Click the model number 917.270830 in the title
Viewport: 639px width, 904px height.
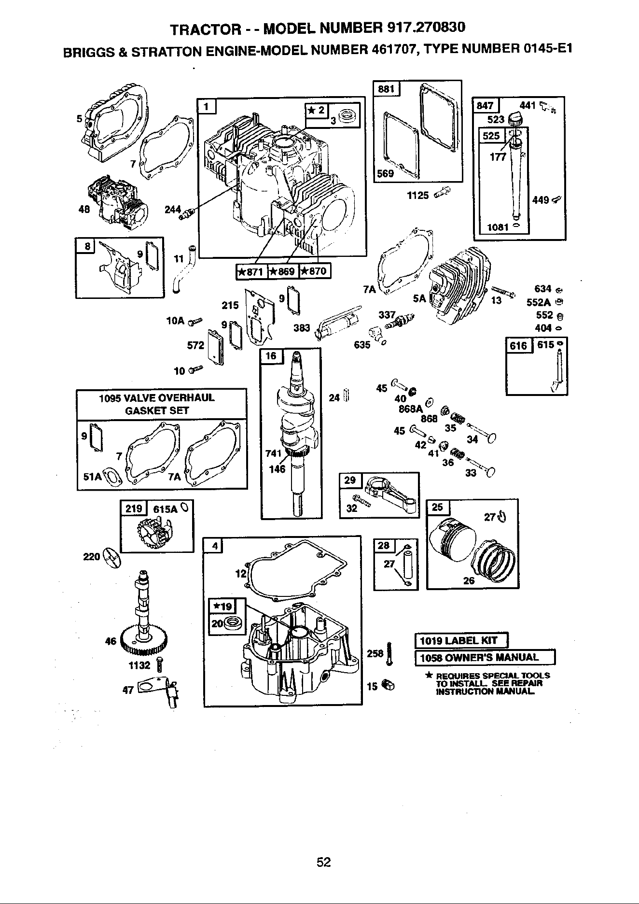click(426, 27)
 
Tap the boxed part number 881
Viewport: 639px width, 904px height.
click(386, 89)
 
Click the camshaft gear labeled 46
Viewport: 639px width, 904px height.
click(144, 638)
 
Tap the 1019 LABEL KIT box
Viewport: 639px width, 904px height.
click(462, 641)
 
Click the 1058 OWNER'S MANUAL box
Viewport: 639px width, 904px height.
click(486, 658)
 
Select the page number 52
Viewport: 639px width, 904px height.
click(323, 862)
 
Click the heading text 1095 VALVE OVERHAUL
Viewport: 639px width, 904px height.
click(156, 398)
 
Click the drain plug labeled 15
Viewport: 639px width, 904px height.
click(388, 684)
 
